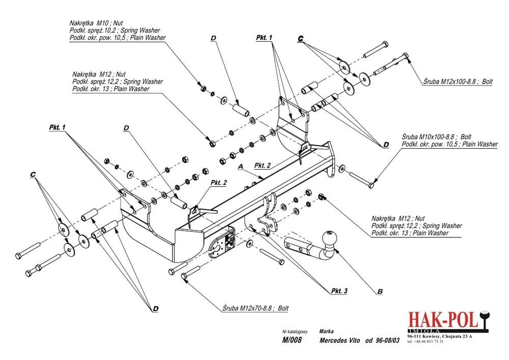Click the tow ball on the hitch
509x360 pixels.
point(329,239)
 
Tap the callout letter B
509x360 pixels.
point(380,291)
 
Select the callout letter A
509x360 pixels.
point(241,167)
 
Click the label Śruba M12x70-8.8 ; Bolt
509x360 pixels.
point(256,308)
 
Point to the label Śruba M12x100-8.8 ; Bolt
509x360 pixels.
point(458,81)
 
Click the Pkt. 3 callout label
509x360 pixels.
point(339,291)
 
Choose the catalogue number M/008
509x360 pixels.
point(292,340)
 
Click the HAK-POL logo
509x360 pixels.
point(448,321)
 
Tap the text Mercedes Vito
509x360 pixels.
point(340,340)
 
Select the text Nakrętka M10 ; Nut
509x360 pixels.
point(96,23)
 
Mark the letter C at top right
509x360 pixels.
point(301,39)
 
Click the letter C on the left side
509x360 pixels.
point(33,175)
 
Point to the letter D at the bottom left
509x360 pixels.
point(155,309)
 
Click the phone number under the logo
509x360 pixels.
point(426,341)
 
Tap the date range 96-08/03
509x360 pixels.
point(387,340)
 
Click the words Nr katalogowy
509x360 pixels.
point(295,331)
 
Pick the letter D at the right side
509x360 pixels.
point(386,145)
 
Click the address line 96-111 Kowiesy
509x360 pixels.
point(440,336)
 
